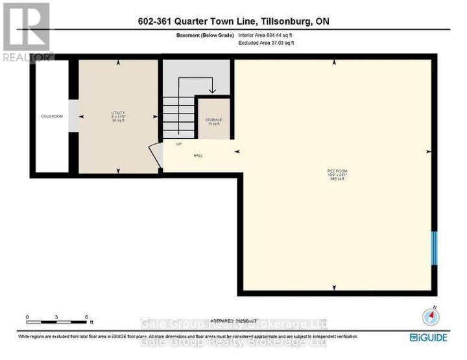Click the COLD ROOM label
click(x=52, y=116)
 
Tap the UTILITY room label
click(x=118, y=113)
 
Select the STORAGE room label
click(x=214, y=120)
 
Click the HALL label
click(x=198, y=156)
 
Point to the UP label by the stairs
click(x=179, y=144)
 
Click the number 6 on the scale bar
click(x=86, y=317)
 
